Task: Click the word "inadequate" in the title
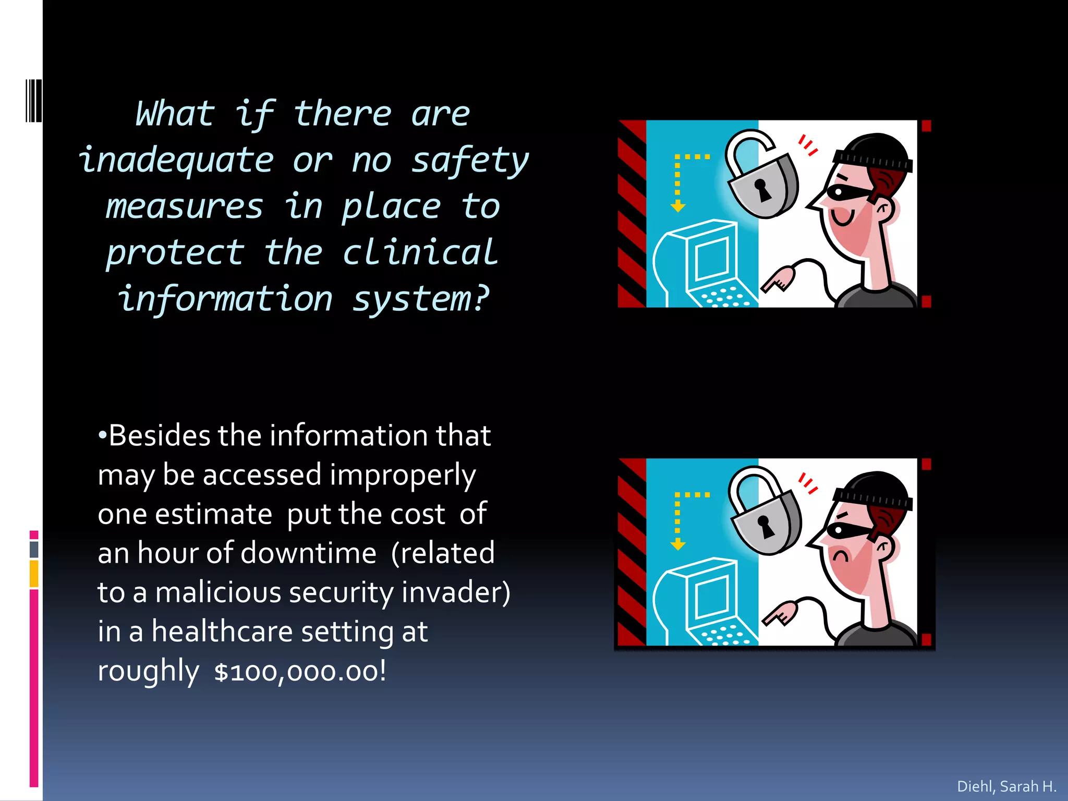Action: point(176,161)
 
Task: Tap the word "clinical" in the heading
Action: point(420,253)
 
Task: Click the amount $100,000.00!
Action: point(300,672)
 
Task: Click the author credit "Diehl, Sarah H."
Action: point(1006,786)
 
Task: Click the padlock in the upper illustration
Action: point(762,183)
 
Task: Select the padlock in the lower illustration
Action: point(766,521)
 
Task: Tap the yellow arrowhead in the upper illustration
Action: point(678,208)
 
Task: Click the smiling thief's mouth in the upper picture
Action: point(842,217)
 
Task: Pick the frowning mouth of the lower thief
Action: point(841,556)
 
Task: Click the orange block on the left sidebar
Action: point(34,574)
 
